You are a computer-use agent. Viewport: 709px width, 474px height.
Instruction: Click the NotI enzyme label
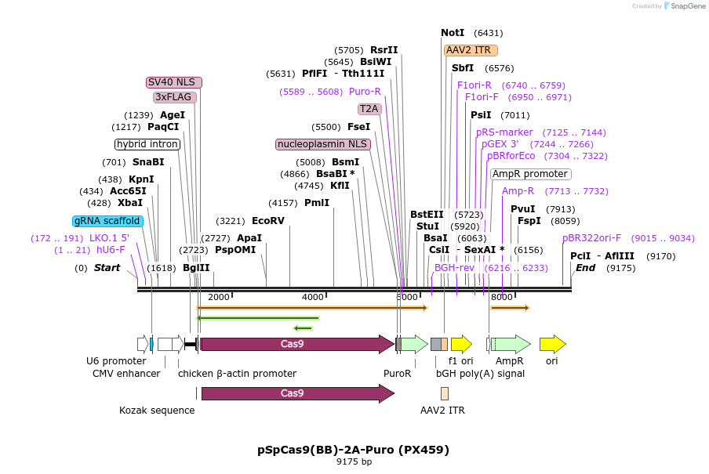453,33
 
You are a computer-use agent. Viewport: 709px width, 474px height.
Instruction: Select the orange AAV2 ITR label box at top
468,50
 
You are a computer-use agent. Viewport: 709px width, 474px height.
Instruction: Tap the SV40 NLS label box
174,82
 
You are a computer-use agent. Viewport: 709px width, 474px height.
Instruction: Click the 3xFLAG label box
174,97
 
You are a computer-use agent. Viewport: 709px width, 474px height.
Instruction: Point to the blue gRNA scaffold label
108,221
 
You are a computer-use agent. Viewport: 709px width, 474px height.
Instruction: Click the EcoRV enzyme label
268,221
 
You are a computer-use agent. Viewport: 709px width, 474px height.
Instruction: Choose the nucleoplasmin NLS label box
322,144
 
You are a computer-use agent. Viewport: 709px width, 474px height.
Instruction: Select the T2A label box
369,109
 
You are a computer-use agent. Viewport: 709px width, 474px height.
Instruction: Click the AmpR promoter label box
530,174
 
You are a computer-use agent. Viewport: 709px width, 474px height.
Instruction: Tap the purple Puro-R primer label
365,92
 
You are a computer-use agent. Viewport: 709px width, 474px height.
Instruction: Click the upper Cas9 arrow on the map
296,343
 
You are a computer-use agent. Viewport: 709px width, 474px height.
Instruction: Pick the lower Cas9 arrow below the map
296,393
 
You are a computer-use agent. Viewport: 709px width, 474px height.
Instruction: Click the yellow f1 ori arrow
461,343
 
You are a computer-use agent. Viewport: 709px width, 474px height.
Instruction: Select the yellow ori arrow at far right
552,343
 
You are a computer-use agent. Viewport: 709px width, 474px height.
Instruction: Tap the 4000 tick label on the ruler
312,297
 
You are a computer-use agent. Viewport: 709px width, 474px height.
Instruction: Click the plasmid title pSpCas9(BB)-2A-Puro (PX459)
354,450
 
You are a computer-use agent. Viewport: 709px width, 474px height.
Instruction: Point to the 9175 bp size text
354,462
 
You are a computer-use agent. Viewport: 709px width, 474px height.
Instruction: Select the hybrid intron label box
147,144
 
